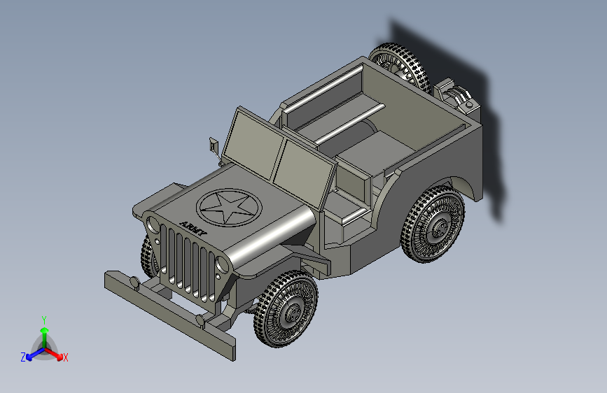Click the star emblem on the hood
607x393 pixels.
point(229,207)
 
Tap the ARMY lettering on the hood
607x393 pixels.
point(193,229)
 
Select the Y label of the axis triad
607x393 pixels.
point(44,320)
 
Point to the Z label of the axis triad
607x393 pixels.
point(23,357)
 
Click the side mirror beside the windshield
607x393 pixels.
point(214,145)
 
